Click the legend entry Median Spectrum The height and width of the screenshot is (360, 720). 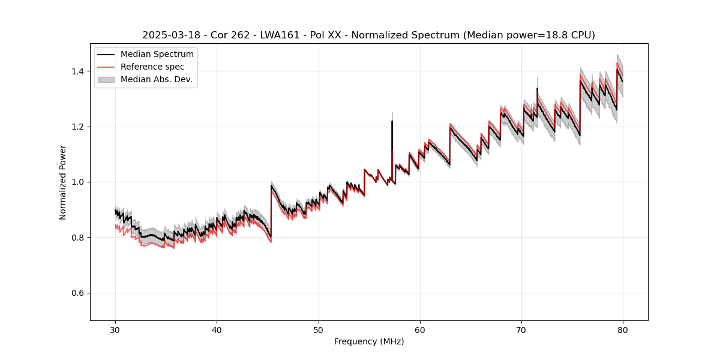point(157,55)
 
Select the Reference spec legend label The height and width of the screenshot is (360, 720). point(152,67)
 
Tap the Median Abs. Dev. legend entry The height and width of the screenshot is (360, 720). point(156,79)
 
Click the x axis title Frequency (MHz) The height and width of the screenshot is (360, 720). point(369,341)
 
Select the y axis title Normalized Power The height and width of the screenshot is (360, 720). point(63,182)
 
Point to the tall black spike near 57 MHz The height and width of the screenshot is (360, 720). point(392,123)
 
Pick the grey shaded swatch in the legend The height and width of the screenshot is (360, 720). point(107,79)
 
